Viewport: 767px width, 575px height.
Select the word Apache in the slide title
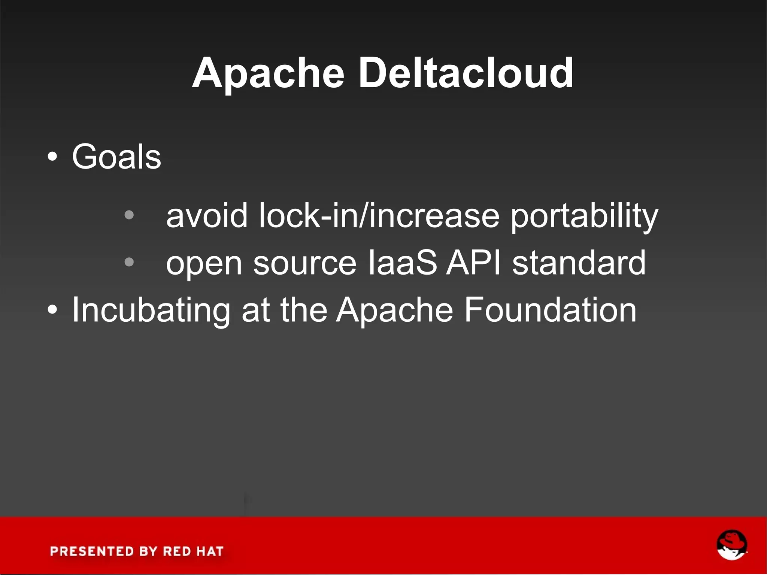tap(268, 73)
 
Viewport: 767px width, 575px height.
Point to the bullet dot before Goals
tap(53, 157)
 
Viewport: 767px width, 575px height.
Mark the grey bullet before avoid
tap(129, 215)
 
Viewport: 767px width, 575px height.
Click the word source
tap(305, 263)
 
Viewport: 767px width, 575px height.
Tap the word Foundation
tap(550, 309)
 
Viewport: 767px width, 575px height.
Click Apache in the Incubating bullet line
tap(394, 310)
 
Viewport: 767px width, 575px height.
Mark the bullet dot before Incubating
tap(53, 310)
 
